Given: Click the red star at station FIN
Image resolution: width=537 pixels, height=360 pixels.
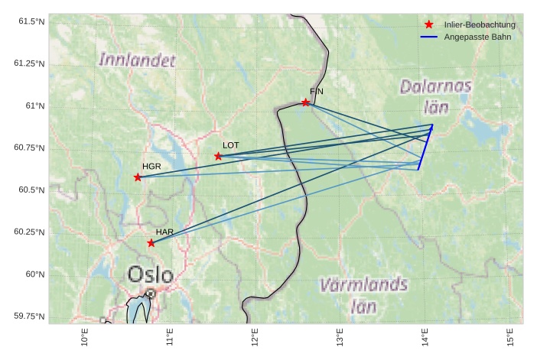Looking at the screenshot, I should coord(306,102).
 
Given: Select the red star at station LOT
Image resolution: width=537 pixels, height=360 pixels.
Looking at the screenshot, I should coord(219,156).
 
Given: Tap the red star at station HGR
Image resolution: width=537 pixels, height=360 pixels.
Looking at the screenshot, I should coord(138,177).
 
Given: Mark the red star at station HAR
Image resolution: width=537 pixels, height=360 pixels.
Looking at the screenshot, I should coord(151,243).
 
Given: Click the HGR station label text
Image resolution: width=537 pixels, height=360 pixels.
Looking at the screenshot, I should coord(151,166).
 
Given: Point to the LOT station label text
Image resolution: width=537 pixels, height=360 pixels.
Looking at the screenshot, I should coord(230,144).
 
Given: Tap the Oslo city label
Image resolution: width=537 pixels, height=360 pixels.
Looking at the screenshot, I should coord(150,274).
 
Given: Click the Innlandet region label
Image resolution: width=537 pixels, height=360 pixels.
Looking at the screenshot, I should coord(137,59).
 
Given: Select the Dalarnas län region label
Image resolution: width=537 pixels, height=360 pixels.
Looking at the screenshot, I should coord(435,96).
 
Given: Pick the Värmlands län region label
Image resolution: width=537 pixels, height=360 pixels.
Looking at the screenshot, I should coord(363,296).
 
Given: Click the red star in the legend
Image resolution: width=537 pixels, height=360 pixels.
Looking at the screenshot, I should coord(429,24).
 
